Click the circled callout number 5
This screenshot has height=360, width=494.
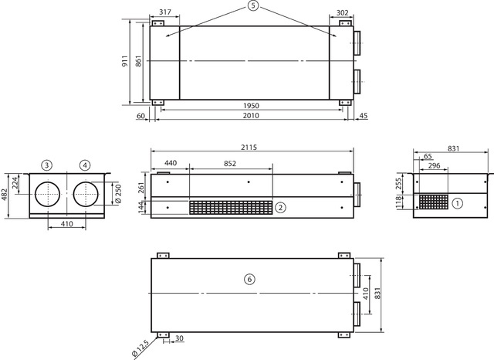point(252,6)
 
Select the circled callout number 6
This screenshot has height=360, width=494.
point(249,280)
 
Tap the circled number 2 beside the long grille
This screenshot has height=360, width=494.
point(280,207)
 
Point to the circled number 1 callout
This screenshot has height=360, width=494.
point(458,203)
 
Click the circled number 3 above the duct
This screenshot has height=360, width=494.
point(46,165)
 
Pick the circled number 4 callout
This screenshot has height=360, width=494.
point(85,165)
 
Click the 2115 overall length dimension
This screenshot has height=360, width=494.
point(249,148)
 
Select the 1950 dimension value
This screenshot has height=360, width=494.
point(251,106)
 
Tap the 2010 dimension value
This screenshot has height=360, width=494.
point(251,116)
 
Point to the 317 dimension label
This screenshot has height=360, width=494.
point(164,12)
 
